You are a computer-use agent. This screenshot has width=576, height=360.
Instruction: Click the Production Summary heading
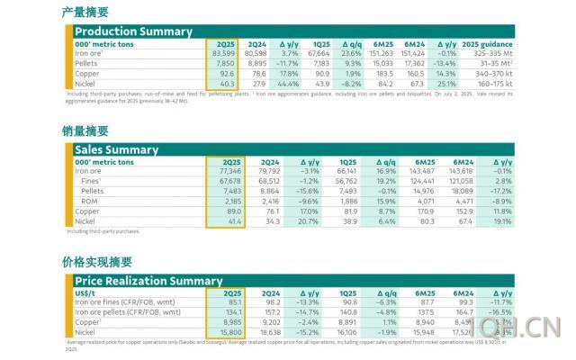pyautogui.click(x=132, y=31)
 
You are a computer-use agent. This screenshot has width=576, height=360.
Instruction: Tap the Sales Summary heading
pyautogui.click(x=118, y=149)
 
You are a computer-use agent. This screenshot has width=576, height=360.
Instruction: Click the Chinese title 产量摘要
pyautogui.click(x=85, y=12)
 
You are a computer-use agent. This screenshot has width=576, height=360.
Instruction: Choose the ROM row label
pyautogui.click(x=88, y=201)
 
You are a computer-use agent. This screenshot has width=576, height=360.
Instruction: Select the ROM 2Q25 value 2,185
pyautogui.click(x=229, y=201)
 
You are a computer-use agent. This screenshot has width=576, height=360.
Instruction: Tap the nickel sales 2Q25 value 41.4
pyautogui.click(x=232, y=220)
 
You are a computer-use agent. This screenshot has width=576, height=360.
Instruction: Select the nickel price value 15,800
pyautogui.click(x=227, y=332)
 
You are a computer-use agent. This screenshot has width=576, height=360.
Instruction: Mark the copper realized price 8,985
pyautogui.click(x=229, y=322)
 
